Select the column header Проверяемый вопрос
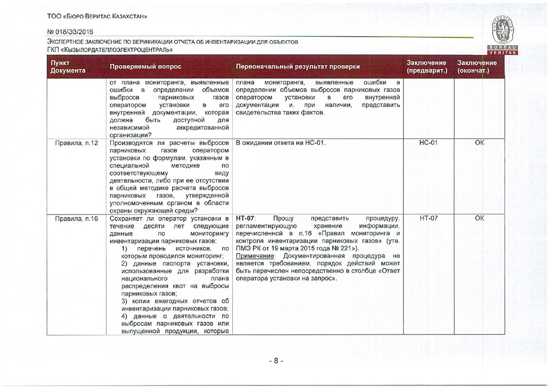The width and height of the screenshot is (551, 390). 145,67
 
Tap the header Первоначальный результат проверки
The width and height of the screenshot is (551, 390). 298,67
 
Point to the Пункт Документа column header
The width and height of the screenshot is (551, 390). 67,67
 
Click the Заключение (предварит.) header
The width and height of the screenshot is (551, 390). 427,67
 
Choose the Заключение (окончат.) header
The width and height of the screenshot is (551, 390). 476,67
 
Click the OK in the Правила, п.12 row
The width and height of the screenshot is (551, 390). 479,143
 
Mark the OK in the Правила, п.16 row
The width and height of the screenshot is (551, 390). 479,218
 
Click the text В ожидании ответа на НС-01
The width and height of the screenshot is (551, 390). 281,143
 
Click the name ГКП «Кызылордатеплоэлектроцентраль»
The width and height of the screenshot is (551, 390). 110,49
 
